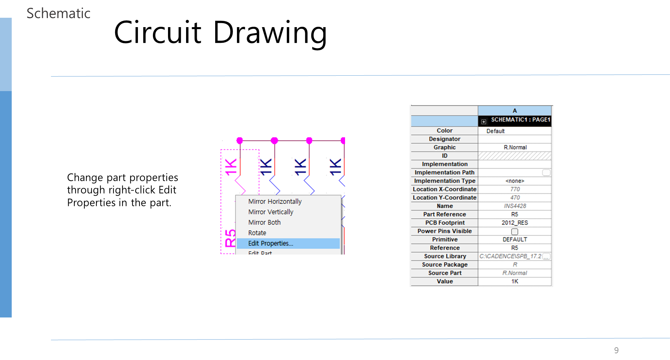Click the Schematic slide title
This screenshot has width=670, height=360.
58,13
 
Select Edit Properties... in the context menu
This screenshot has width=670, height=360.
270,243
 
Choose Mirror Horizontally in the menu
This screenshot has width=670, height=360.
275,202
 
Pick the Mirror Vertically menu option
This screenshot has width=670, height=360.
270,212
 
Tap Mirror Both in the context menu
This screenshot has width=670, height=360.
264,222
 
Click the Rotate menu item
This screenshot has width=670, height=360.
257,233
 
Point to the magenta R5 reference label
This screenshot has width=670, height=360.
230,238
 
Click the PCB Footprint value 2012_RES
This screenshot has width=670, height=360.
514,223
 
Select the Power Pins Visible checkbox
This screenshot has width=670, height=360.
514,231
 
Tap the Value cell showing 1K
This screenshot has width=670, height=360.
514,281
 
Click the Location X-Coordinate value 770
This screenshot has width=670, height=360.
515,189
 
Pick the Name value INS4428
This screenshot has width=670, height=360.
515,206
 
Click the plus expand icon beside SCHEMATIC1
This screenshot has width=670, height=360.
484,122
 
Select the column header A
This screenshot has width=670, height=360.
514,111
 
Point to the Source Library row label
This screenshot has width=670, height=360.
445,256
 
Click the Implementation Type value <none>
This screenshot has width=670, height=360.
515,181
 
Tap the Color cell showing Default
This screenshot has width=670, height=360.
495,131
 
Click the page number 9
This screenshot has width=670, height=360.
616,350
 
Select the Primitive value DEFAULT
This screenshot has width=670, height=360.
514,239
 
